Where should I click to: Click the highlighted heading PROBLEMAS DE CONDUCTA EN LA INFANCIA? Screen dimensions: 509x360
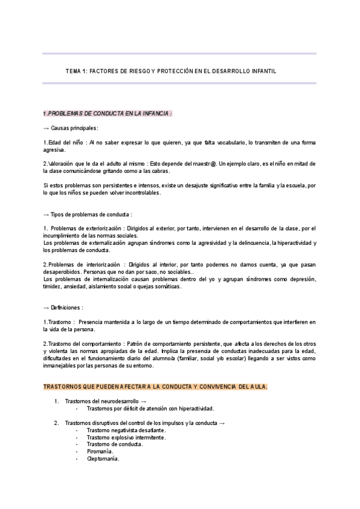tap(108, 113)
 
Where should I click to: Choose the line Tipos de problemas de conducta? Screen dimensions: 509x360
tap(88, 214)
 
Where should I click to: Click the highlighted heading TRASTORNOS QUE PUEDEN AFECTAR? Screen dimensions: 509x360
tap(155, 387)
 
